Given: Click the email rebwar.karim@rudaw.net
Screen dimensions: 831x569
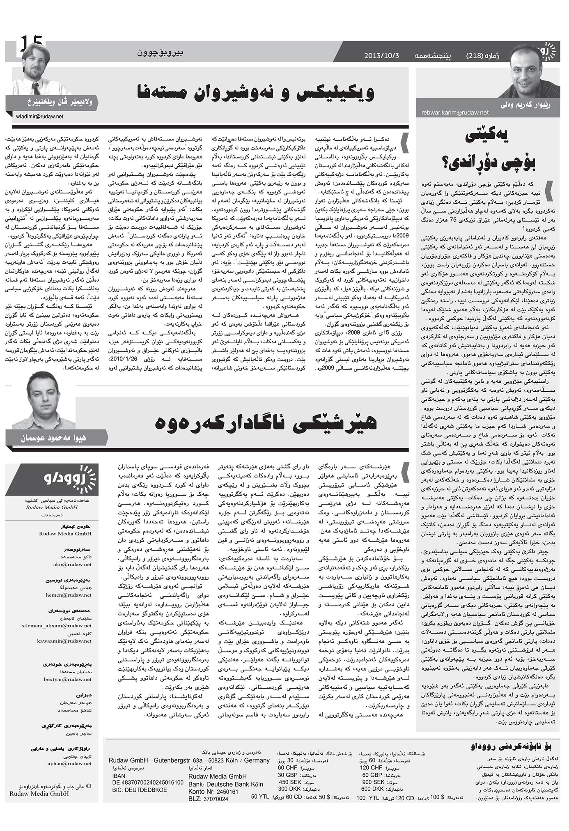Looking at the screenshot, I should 455,112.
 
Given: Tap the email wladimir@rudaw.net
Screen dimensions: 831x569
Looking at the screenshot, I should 40,117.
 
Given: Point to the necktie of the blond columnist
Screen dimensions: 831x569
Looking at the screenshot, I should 36,88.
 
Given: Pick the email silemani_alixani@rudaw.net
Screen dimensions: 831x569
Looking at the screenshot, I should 57,626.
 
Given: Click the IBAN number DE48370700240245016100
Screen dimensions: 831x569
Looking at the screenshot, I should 147,783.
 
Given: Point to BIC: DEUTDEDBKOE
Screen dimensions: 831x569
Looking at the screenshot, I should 139,790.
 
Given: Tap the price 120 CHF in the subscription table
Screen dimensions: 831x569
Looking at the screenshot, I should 371,767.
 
